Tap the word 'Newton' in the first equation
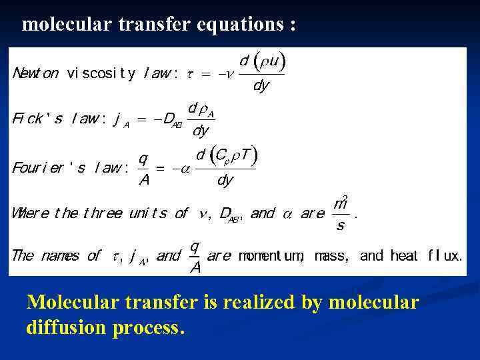point(35,73)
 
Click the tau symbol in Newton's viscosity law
point(189,74)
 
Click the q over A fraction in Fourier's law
point(143,169)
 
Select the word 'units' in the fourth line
point(149,213)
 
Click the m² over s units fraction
point(341,214)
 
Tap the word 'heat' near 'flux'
point(404,255)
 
